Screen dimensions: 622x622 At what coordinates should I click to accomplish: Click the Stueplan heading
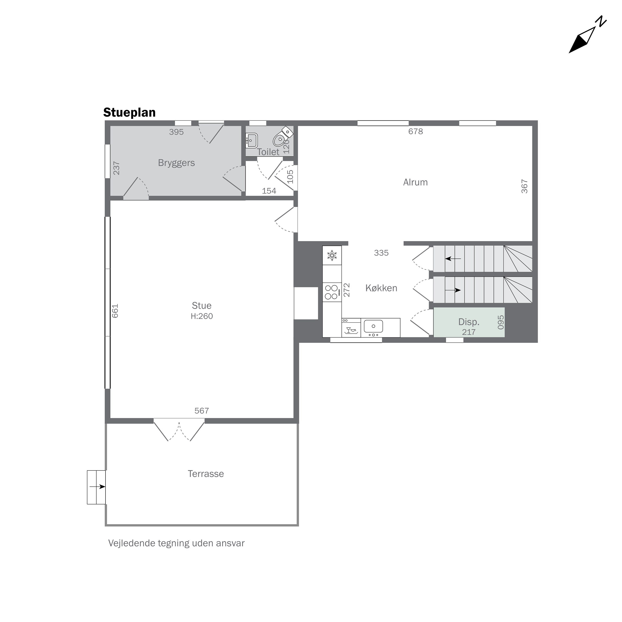click(x=129, y=113)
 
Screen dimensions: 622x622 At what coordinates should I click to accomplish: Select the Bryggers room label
click(x=176, y=163)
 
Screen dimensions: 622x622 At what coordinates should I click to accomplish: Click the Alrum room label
click(x=415, y=182)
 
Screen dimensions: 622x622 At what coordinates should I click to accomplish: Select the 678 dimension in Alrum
click(x=415, y=131)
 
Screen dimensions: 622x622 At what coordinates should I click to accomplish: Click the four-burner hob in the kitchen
click(x=331, y=292)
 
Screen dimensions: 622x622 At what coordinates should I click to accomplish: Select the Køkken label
click(x=381, y=288)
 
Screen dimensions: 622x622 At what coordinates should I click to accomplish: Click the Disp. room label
click(x=469, y=322)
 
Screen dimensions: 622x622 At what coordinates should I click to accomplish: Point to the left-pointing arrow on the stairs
click(x=453, y=259)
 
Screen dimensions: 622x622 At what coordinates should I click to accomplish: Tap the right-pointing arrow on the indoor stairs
click(x=453, y=290)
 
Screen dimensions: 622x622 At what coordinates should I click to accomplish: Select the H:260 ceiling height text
click(x=202, y=316)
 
